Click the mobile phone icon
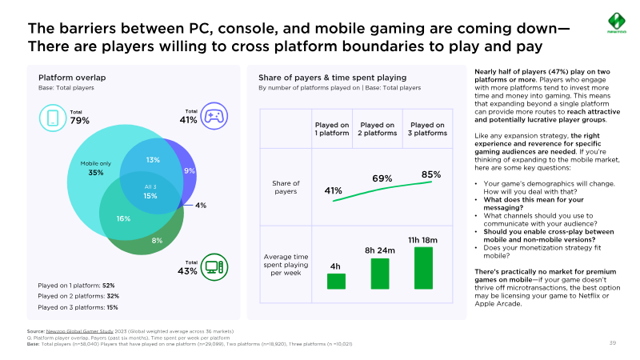[x=53, y=118]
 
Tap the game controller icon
[x=213, y=117]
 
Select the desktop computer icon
[x=213, y=268]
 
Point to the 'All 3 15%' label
[x=150, y=191]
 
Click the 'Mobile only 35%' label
[x=95, y=168]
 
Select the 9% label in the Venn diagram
[x=189, y=171]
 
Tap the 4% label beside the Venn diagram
[x=201, y=206]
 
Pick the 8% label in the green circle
[x=157, y=240]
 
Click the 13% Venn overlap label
[x=153, y=160]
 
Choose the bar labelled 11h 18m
[x=423, y=267]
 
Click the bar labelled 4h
[x=336, y=281]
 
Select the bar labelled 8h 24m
[x=380, y=273]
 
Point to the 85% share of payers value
[x=431, y=174]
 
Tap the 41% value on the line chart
[x=334, y=191]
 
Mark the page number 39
[x=613, y=343]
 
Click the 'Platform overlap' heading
[x=72, y=78]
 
